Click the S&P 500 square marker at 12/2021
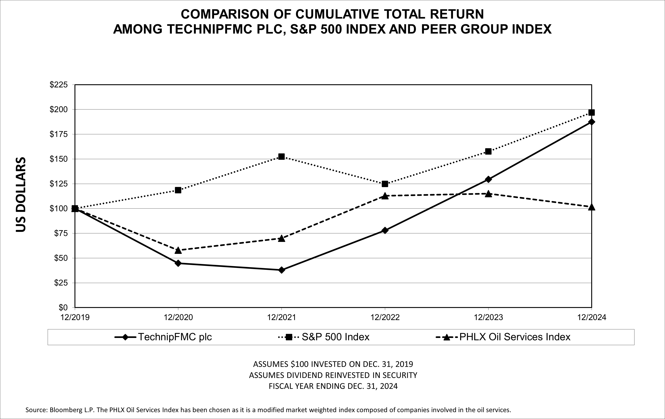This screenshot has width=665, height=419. click(281, 157)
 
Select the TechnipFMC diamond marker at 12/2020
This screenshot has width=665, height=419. click(178, 263)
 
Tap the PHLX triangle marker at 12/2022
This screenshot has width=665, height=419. click(385, 196)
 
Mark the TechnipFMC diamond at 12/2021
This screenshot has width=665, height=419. click(281, 270)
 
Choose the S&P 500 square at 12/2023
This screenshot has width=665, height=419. click(488, 151)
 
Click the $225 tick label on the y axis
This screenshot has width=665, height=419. click(59, 85)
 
